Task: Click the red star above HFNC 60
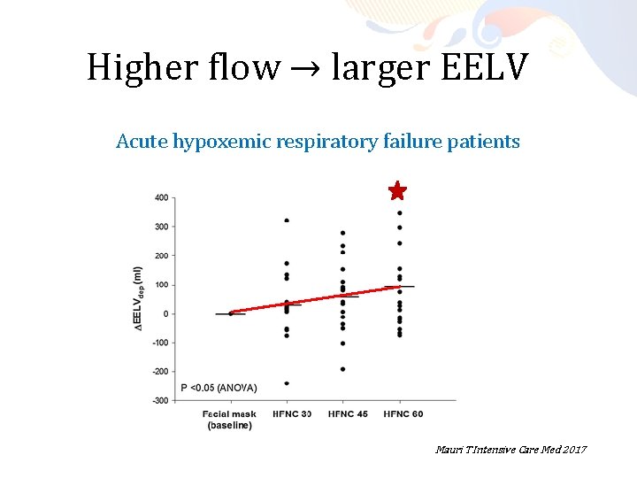pos(398,191)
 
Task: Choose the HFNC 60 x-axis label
pos(398,413)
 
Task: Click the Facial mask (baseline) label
pos(229,420)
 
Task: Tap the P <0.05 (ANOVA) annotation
pos(219,387)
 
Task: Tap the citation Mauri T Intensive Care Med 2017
pos(510,451)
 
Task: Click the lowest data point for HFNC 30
pos(287,383)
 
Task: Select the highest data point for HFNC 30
pos(287,220)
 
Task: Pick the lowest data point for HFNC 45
pos(342,369)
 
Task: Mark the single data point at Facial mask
pos(231,313)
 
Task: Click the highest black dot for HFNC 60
pos(399,212)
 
